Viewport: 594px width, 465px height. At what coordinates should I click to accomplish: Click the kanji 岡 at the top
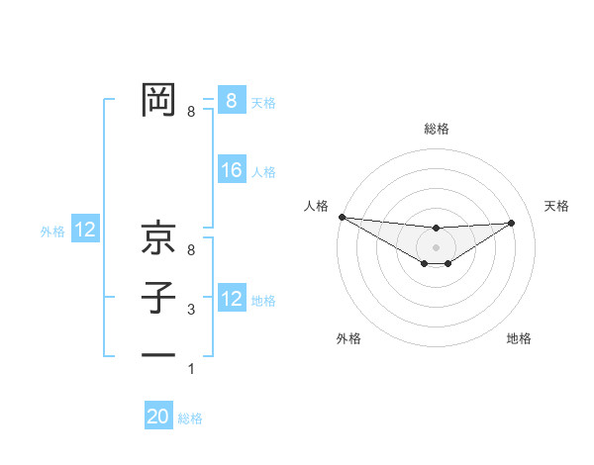(x=158, y=99)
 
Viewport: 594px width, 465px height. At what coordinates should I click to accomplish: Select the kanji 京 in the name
(x=158, y=238)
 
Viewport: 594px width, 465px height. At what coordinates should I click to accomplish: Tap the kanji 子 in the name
(x=158, y=298)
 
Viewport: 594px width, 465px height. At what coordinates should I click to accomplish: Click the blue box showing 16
(x=232, y=171)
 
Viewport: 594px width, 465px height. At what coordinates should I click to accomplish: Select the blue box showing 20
(x=158, y=418)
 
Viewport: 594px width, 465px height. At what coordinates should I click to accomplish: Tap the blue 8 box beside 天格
(x=232, y=101)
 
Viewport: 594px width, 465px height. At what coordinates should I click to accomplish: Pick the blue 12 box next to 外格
(x=85, y=231)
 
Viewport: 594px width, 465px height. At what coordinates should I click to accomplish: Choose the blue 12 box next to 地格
(x=232, y=299)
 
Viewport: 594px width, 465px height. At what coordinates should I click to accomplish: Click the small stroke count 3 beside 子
(x=191, y=311)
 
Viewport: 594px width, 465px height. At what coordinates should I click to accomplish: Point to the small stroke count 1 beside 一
(x=191, y=369)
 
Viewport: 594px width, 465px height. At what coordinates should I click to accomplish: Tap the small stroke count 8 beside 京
(x=191, y=251)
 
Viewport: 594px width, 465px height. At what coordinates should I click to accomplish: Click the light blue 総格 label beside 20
(x=190, y=418)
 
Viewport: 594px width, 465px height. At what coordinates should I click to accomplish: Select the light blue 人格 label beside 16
(x=263, y=172)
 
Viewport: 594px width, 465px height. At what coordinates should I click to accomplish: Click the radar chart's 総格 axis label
(x=436, y=129)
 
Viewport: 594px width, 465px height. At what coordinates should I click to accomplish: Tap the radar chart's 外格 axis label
(x=348, y=338)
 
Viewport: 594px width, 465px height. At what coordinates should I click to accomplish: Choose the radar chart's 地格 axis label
(x=519, y=338)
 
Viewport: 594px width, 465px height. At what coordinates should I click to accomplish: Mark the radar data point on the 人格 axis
(x=342, y=217)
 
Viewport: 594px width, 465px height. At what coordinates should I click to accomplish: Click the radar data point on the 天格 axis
(x=512, y=223)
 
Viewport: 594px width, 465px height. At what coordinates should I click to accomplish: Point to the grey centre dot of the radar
(x=436, y=246)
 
